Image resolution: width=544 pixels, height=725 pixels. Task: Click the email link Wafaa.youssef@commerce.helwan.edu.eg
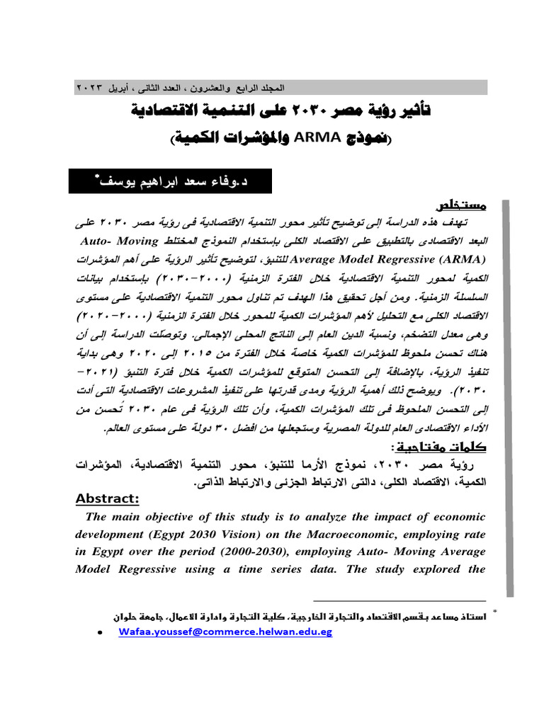pos(225,632)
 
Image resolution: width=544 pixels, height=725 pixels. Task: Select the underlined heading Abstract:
pos(108,498)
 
